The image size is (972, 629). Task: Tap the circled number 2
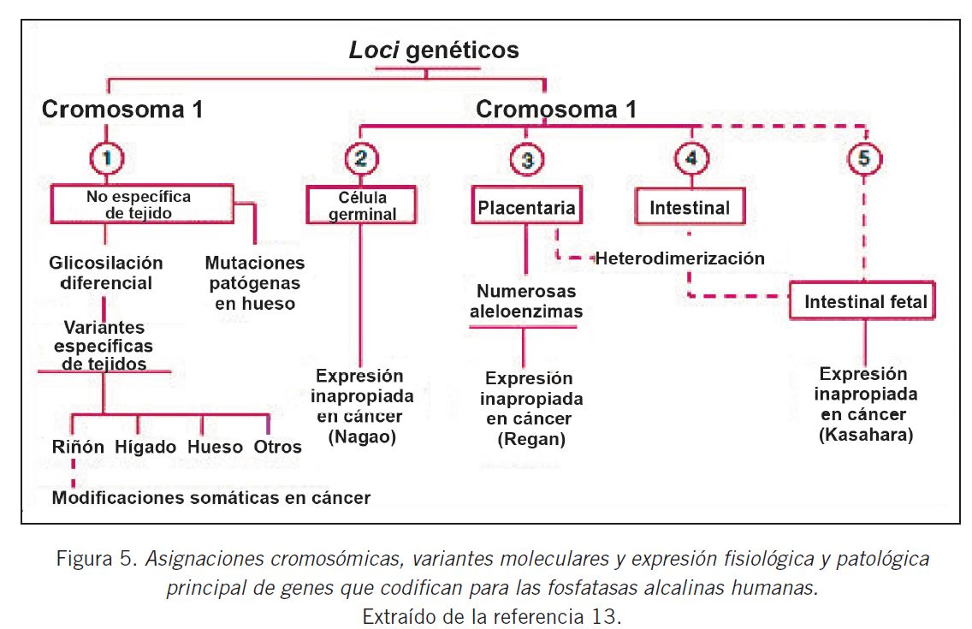[x=360, y=158]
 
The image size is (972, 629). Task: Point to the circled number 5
[x=866, y=159]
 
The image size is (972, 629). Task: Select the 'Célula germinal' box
[x=360, y=205]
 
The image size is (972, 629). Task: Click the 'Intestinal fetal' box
[x=866, y=302]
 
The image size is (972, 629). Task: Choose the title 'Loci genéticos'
[x=434, y=50]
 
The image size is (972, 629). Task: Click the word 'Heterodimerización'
[x=679, y=258]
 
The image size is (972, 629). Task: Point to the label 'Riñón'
[x=77, y=447]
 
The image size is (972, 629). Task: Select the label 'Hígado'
[x=146, y=447]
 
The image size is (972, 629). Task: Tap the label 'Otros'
[x=277, y=447]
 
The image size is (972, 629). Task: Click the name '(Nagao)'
[x=360, y=439]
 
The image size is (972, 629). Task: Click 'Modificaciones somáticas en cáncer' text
[x=211, y=497]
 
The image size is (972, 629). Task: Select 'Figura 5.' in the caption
[x=98, y=561]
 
